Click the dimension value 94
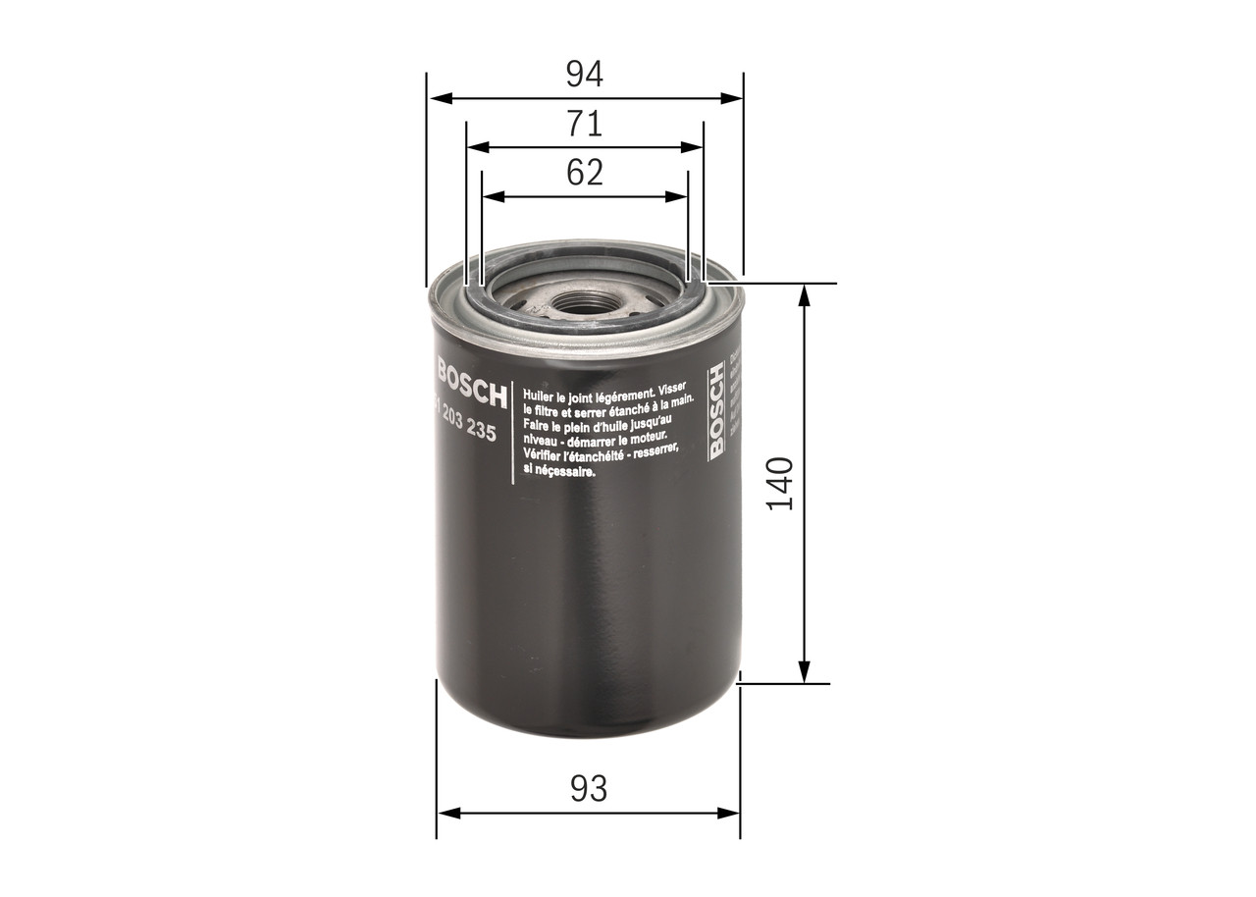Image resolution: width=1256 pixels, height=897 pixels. click(585, 74)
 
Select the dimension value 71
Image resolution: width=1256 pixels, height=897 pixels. click(585, 124)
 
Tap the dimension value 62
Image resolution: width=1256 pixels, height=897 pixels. click(585, 173)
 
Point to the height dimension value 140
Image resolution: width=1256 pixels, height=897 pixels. click(779, 483)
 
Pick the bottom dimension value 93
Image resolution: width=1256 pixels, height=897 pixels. click(588, 788)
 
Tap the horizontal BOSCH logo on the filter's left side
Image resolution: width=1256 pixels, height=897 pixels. click(471, 383)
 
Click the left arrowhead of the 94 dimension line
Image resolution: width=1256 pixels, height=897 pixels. click(438, 98)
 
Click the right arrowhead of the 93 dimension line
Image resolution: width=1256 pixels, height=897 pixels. click(731, 813)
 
